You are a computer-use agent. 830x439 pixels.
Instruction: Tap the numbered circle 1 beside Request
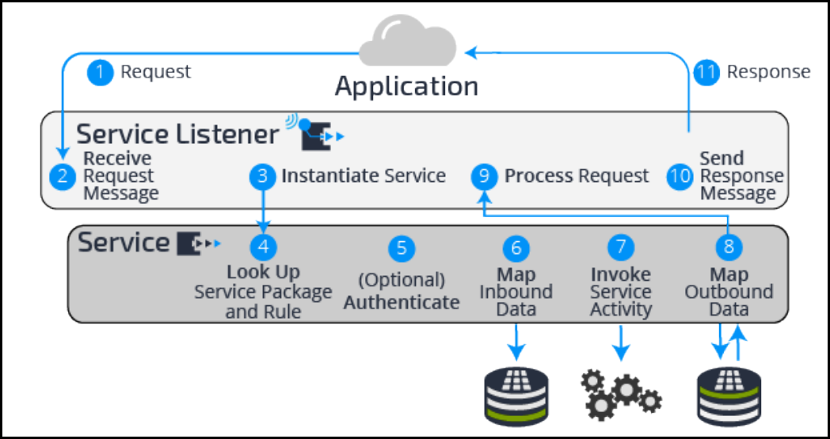101,73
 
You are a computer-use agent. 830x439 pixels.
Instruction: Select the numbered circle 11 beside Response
706,73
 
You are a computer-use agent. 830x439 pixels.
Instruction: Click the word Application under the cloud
406,85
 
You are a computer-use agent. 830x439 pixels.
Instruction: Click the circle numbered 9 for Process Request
484,176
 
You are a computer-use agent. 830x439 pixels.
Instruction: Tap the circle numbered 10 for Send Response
680,176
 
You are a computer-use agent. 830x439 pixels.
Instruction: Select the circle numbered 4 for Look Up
262,247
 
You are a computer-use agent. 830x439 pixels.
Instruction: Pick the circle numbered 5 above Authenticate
402,248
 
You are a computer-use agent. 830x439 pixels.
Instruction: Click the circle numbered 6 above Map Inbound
516,248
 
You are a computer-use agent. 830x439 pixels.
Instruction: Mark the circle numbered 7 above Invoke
621,248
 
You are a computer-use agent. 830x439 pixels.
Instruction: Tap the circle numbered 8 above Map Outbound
729,247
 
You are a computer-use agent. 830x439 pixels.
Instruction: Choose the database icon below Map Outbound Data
729,393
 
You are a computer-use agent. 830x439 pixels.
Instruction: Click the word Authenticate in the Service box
402,302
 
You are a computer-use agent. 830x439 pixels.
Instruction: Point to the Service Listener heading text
177,134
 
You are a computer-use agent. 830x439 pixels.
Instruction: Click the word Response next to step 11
768,72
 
